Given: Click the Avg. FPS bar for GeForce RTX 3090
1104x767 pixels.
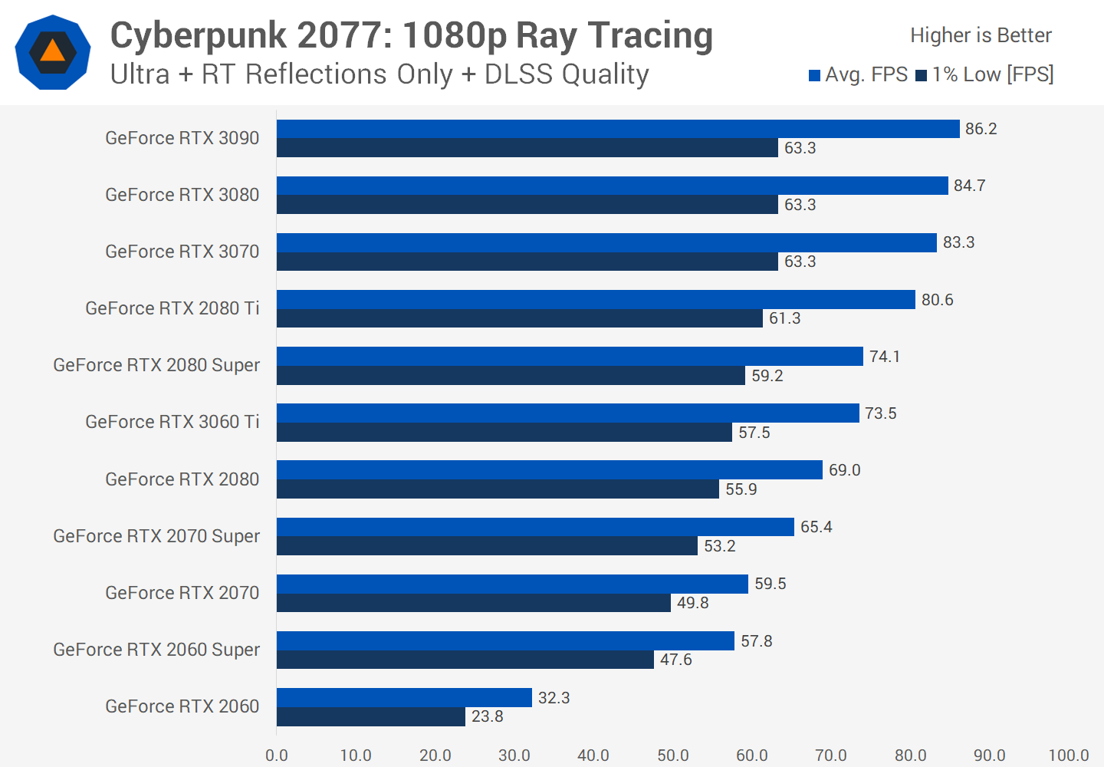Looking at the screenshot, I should point(618,129).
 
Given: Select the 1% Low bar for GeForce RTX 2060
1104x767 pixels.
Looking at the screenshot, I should point(371,716).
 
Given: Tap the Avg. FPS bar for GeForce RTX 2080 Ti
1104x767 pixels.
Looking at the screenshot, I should point(596,299).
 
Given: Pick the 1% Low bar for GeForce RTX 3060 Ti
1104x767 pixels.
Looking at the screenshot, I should point(504,433).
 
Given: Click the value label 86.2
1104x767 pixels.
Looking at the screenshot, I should point(981,129).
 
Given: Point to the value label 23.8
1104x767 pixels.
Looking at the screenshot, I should point(487,716).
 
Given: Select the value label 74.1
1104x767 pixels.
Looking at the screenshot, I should point(884,357).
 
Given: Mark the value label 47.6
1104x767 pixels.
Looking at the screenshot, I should point(675,660).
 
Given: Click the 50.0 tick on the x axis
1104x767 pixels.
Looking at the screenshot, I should point(672,755).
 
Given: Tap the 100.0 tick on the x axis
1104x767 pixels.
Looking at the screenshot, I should point(1068,755).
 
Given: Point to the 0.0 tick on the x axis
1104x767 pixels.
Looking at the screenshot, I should point(277,755).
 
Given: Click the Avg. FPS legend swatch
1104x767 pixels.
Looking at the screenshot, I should point(815,75).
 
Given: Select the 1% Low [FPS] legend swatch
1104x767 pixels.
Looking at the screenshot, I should point(922,75).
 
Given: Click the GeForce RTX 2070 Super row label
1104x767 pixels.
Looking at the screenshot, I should point(156,536).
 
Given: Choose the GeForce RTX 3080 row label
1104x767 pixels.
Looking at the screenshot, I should point(182,195).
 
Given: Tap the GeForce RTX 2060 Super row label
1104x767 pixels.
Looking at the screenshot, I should point(156,650).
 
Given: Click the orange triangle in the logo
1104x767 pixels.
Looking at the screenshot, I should point(52,51).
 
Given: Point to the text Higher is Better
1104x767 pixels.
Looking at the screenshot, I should point(981,35).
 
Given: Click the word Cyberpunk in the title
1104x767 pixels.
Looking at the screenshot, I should point(198,35).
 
